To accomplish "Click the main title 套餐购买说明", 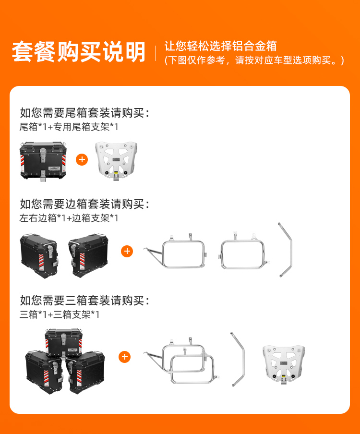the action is pos(79,51).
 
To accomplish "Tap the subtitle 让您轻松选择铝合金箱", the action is pos(220,46).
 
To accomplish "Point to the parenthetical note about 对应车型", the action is pos(254,60).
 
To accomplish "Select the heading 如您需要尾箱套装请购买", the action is pos(84,113).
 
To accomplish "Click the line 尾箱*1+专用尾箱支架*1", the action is pos(69,127).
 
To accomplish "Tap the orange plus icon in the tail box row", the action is pos(82,159).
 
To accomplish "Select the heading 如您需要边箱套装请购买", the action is pos(84,204).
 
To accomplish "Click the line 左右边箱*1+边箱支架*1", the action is pos(69,218).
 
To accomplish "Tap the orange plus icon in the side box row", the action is pos(127,251).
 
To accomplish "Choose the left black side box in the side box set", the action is pos(39,256).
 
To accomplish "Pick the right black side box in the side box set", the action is pos(88,255).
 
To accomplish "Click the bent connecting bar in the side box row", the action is pos(290,249).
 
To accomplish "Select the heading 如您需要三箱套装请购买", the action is pos(84,301).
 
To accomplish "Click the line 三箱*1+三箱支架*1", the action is pos(60,314).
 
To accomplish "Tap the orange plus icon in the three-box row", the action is pos(124,357).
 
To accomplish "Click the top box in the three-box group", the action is pos(64,343).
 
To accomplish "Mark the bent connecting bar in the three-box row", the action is pos(243,360).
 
